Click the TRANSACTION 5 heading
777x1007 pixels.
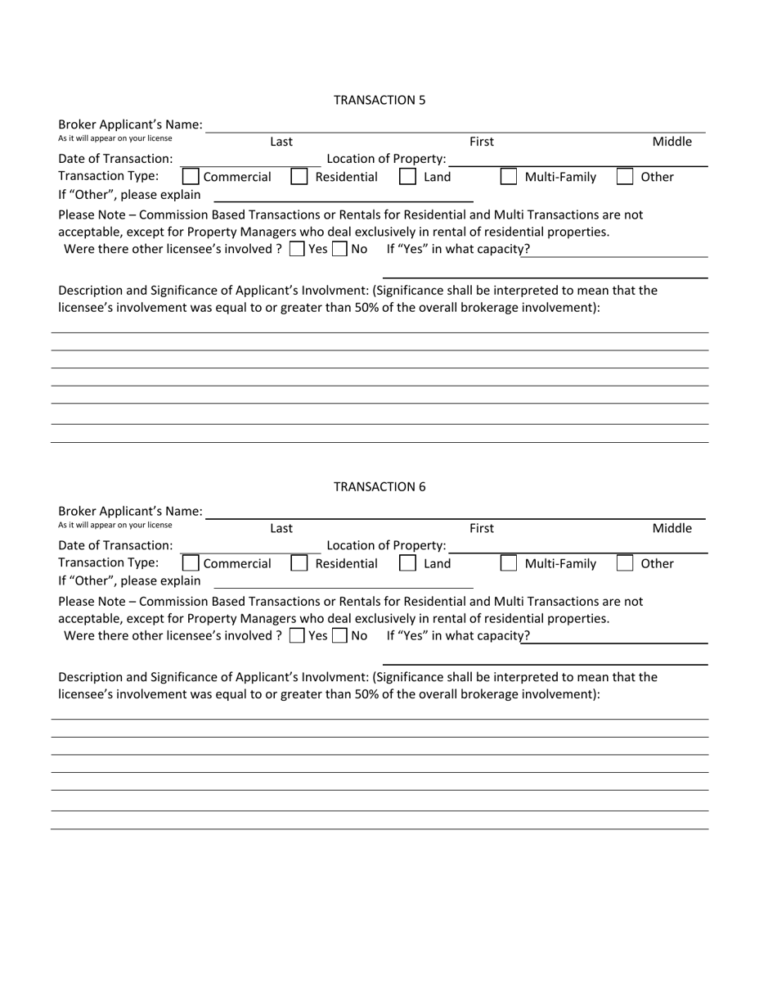click(x=379, y=100)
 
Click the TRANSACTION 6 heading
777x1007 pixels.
click(x=379, y=486)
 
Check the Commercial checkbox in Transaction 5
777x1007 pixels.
click(x=190, y=177)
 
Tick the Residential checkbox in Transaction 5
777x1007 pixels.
click(x=299, y=177)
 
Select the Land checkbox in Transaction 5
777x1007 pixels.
click(x=407, y=177)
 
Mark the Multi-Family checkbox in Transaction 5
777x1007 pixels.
click(x=508, y=177)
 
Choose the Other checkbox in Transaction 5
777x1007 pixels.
click(x=625, y=177)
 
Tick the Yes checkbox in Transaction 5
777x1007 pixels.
click(x=298, y=249)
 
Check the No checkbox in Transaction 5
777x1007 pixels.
click(x=340, y=249)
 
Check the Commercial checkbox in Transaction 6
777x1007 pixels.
click(x=190, y=563)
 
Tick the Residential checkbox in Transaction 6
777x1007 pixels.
click(x=299, y=563)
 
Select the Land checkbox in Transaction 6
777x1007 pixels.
click(x=407, y=563)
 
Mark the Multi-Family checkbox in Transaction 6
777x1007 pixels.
click(x=508, y=563)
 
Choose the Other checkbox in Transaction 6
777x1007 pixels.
click(x=625, y=563)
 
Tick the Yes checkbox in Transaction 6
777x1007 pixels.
click(x=298, y=635)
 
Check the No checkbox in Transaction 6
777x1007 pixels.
click(x=340, y=635)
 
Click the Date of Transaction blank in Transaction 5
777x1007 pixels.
click(x=249, y=159)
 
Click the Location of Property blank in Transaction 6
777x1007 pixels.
click(x=577, y=545)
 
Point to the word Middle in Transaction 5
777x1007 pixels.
click(x=671, y=142)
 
